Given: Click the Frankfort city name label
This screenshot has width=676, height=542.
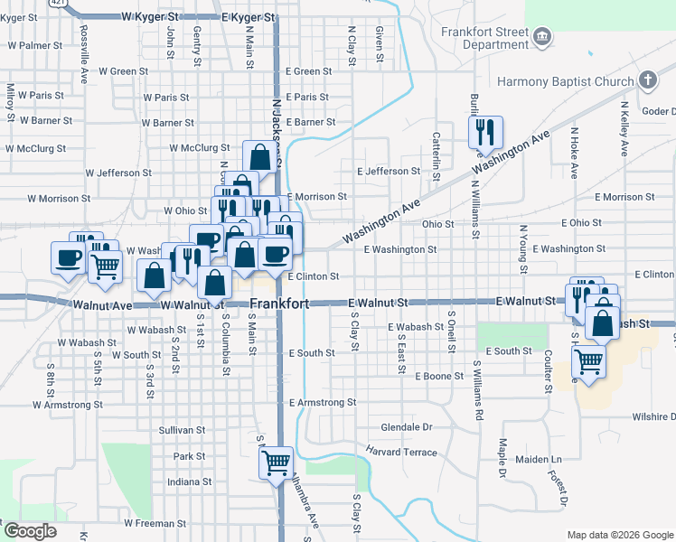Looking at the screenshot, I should [279, 304].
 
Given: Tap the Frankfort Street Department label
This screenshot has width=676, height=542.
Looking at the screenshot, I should [485, 37].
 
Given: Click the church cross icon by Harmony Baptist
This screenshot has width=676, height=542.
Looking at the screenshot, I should [647, 81].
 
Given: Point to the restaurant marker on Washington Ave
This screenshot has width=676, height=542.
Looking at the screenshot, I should [485, 132].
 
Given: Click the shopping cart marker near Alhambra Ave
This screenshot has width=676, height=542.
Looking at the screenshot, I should [277, 463].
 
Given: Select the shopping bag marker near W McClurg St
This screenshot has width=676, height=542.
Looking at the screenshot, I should [259, 156].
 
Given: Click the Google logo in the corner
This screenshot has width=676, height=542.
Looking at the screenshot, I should [30, 531].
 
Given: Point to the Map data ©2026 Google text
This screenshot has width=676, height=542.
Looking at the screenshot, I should [620, 535].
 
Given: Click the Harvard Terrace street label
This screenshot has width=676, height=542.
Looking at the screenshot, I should [402, 452].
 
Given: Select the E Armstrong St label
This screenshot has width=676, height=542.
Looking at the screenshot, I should [323, 402].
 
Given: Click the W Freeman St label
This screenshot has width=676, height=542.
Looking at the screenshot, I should [155, 522].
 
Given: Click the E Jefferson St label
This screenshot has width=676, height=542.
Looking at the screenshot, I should [389, 171].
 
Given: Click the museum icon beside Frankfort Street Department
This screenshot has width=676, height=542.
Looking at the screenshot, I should [541, 37].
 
